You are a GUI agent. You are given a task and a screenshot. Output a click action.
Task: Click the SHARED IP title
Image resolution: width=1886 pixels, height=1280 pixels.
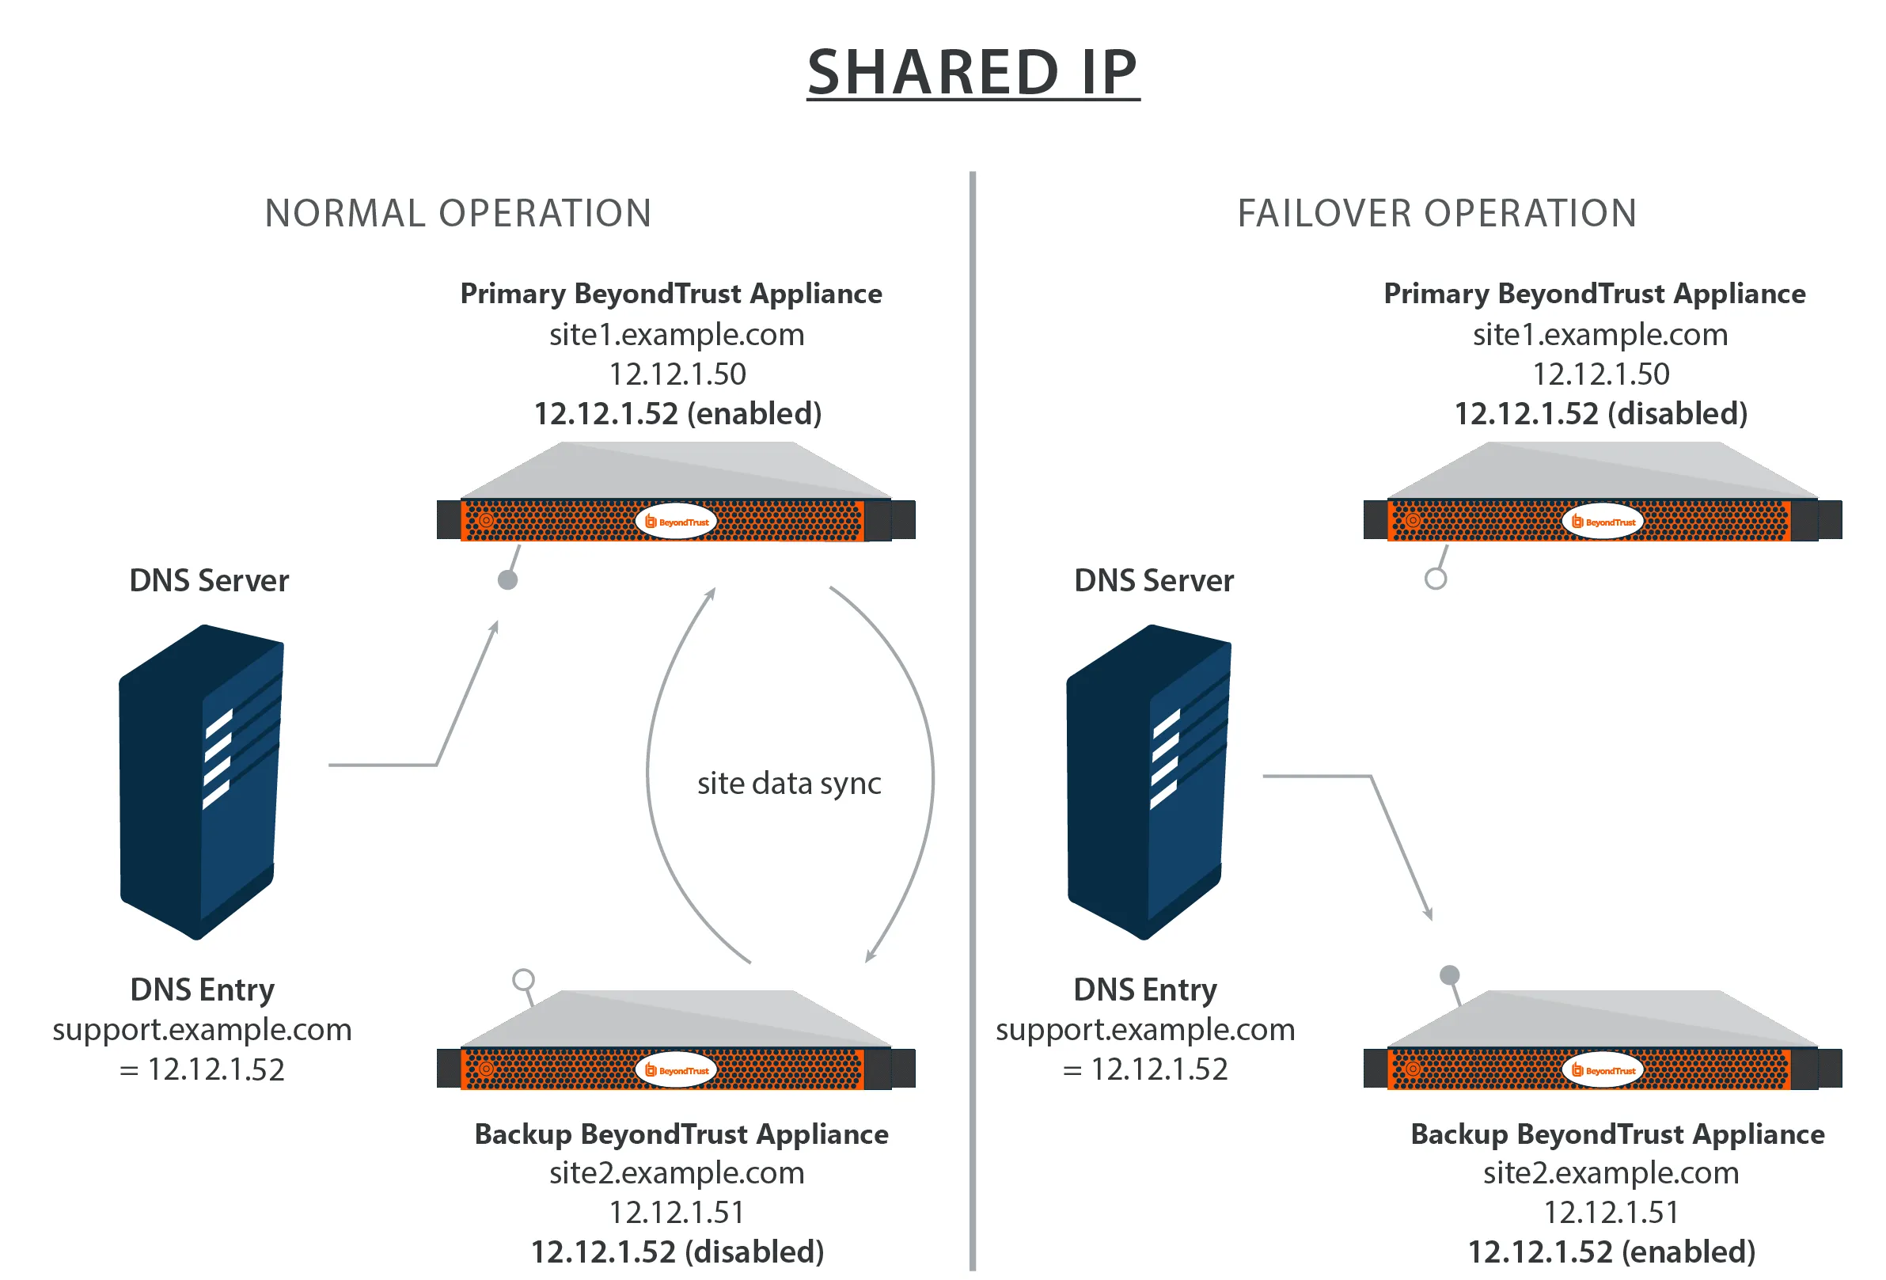click(972, 73)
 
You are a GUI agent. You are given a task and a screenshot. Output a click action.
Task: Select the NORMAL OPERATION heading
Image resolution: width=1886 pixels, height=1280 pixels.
click(458, 215)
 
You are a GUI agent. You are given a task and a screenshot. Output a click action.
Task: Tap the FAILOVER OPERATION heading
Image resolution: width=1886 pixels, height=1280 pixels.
click(1436, 215)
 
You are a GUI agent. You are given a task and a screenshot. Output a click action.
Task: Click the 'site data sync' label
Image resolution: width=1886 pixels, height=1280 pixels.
click(789, 783)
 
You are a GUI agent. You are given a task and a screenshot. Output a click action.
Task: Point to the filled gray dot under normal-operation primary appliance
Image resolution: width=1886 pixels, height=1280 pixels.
click(507, 579)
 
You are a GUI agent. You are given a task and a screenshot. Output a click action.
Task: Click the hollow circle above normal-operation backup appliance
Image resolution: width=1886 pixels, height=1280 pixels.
click(523, 980)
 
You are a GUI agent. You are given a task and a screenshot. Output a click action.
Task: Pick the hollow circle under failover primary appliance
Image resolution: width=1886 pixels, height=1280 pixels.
click(1435, 579)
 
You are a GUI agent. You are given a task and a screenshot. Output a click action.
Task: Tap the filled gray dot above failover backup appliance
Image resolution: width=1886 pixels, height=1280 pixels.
click(1449, 974)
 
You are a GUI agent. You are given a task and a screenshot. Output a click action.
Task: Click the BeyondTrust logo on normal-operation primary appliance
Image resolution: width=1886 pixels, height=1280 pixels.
click(676, 521)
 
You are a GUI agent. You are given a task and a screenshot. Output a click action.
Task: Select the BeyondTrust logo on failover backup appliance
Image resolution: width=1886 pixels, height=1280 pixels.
click(1603, 1069)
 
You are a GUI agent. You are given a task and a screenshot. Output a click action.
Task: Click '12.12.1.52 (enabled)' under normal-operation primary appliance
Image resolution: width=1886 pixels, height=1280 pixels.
click(677, 414)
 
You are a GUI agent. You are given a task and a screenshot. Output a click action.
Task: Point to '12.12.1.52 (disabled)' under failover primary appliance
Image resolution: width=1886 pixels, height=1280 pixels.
click(1600, 414)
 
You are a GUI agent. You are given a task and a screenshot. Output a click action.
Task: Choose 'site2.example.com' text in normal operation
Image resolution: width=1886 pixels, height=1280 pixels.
click(677, 1173)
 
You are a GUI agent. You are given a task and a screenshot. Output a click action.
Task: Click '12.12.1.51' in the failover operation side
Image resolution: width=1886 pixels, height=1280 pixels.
click(1611, 1213)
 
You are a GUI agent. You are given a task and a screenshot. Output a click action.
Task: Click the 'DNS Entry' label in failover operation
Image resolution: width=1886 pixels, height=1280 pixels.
click(1145, 990)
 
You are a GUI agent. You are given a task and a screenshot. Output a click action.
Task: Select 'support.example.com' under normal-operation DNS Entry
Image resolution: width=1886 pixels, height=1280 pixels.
click(202, 1030)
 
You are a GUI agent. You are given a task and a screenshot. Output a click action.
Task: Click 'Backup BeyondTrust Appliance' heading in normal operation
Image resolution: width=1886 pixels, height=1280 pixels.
click(681, 1134)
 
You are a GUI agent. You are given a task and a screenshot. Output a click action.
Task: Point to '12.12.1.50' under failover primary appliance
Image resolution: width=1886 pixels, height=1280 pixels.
click(1600, 374)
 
